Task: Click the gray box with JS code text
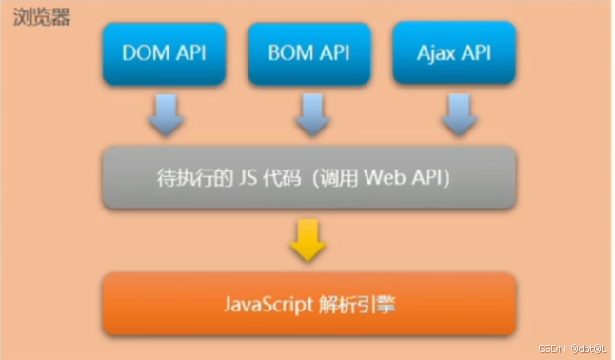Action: (308, 178)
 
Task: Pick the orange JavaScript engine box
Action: (308, 305)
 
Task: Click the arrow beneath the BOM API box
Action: (309, 115)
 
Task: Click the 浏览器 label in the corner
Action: (42, 18)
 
